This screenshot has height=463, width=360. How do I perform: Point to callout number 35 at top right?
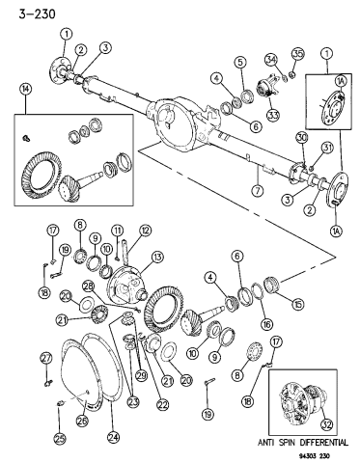(x=297, y=51)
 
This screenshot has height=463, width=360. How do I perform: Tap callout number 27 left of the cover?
(x=44, y=359)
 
